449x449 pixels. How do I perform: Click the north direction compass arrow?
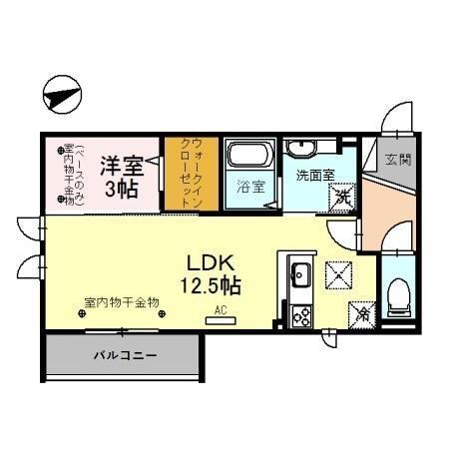(61, 98)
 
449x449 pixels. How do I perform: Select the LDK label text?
(211, 263)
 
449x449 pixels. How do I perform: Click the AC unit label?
(221, 309)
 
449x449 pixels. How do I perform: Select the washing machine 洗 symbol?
(341, 198)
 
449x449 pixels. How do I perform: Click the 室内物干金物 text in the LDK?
(122, 302)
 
